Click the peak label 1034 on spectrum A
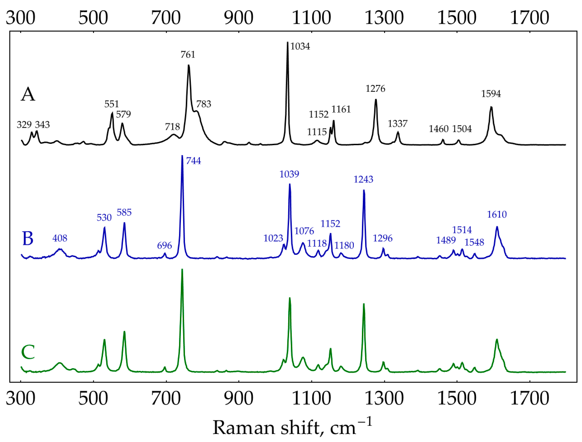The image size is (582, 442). pos(300,47)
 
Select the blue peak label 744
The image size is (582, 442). pos(193,161)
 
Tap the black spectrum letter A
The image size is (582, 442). pos(28,95)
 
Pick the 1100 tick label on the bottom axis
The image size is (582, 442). pos(311,398)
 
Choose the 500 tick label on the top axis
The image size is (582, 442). pos(93,18)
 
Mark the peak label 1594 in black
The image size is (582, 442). pos(491,94)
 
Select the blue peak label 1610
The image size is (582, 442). pos(497,214)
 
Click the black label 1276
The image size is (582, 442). pos(375,89)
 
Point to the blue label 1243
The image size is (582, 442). pos(363,180)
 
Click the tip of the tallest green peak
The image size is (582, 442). pos(182,269)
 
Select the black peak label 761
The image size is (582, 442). pos(188,55)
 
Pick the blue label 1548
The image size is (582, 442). pos(474,242)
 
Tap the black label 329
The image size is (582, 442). pos(24,125)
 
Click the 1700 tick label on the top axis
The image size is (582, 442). pos(530,18)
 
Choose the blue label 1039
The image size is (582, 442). pos(289,174)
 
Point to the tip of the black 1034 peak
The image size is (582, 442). pos(288,42)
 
